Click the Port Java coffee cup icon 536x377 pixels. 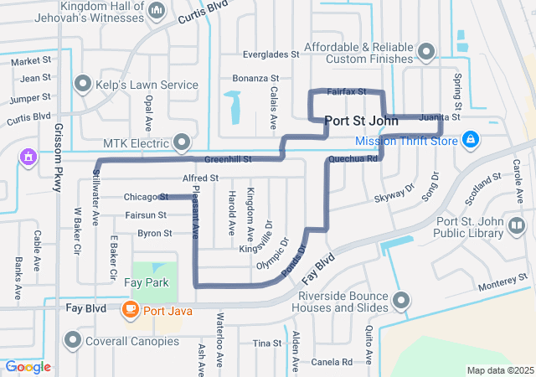coord(130,310)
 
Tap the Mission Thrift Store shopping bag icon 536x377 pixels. coord(471,139)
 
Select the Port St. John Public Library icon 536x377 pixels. coord(516,225)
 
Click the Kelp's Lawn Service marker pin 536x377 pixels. coord(83,84)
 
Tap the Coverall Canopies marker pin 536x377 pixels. coord(75,340)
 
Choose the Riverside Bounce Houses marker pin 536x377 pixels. coord(403,300)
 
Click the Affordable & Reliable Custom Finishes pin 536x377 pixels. coord(427,52)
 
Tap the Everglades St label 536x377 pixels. coord(271,54)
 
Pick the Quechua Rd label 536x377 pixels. coord(354,157)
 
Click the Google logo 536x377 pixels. coord(28,367)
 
